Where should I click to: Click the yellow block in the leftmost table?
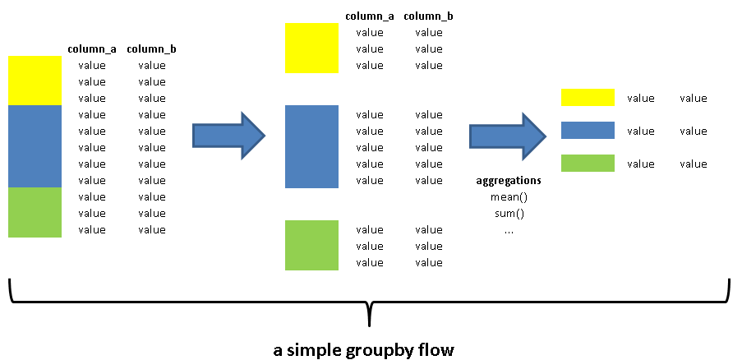pyautogui.click(x=35, y=81)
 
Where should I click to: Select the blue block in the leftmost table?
pyautogui.click(x=35, y=146)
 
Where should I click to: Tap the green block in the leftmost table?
pyautogui.click(x=35, y=212)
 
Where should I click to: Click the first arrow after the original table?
pyautogui.click(x=228, y=132)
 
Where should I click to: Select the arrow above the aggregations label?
pyautogui.click(x=506, y=132)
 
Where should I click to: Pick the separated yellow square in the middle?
pyautogui.click(x=311, y=48)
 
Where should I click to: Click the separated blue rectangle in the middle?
pyautogui.click(x=311, y=146)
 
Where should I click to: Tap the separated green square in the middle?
pyautogui.click(x=311, y=245)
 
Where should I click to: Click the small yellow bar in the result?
pyautogui.click(x=588, y=98)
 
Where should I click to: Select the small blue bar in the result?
pyautogui.click(x=588, y=130)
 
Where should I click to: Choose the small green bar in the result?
pyautogui.click(x=588, y=163)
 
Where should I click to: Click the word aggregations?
pyautogui.click(x=509, y=181)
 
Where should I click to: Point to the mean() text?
pyautogui.click(x=508, y=197)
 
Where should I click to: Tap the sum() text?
pyautogui.click(x=508, y=214)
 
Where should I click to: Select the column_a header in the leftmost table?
pyautogui.click(x=92, y=49)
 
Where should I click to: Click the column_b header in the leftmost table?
pyautogui.click(x=151, y=49)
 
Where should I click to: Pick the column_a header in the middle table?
pyautogui.click(x=370, y=16)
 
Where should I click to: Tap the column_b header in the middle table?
pyautogui.click(x=428, y=16)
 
